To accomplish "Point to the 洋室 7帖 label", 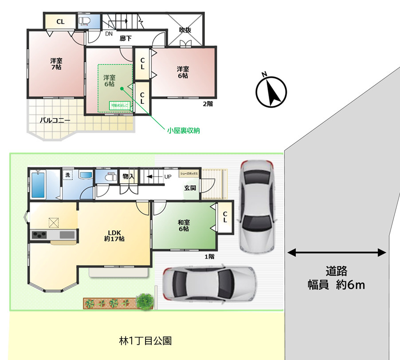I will pos(56,63).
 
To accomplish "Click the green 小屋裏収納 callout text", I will pos(183,131).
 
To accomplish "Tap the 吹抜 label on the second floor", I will pos(185,30).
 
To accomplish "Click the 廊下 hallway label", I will pos(125,39).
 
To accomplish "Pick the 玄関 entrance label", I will pos(191,188).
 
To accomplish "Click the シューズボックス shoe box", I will pos(189,174).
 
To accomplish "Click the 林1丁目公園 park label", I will pos(145,341).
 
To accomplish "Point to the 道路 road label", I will pos(336,270).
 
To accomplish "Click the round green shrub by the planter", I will pos(144,301).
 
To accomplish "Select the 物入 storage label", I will pos(128,177).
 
